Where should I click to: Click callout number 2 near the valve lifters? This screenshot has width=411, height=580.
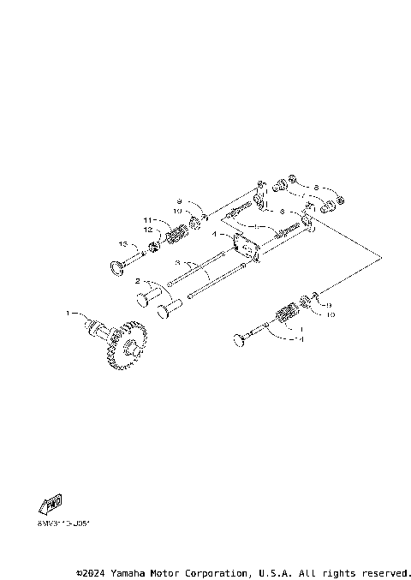point(136,281)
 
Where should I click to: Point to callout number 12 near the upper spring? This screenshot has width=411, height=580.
point(148,230)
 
